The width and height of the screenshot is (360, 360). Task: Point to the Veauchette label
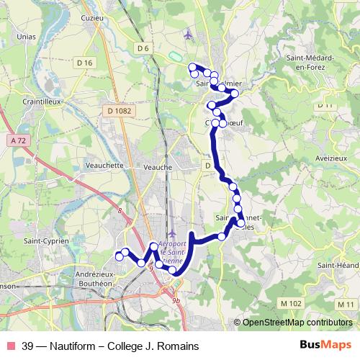click(104, 165)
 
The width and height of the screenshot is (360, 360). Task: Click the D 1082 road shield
click(117, 111)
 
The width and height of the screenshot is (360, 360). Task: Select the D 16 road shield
click(84, 63)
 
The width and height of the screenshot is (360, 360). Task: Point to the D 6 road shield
click(143, 48)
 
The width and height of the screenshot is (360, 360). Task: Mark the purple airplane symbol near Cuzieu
click(189, 34)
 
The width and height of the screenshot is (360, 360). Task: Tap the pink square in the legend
click(10, 346)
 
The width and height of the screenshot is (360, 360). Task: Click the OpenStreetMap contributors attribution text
click(297, 322)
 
